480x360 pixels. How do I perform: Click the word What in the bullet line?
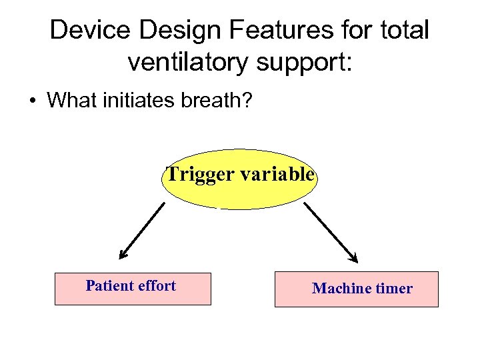pyautogui.click(x=73, y=101)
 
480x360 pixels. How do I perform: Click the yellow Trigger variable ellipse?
pyautogui.click(x=239, y=190)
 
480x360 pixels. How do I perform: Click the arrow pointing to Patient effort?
pyautogui.click(x=141, y=231)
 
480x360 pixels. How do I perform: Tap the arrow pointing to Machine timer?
pyautogui.click(x=331, y=233)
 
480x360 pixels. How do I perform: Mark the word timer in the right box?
pyautogui.click(x=394, y=289)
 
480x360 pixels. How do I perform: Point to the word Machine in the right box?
pyautogui.click(x=342, y=289)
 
